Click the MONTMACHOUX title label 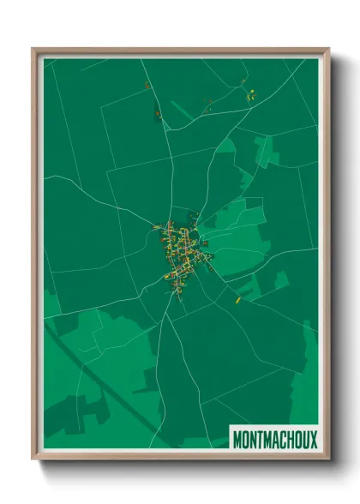pos(274,439)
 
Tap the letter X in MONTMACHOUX pos(312,440)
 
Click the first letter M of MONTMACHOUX pos(237,440)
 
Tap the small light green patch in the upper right pos(267,153)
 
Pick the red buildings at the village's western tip pos(157,228)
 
